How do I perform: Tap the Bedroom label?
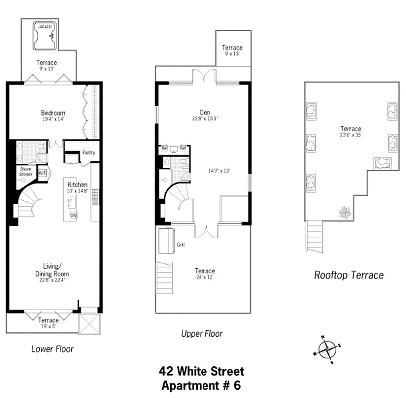53,113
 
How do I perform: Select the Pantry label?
88,153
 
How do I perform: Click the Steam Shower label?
25,172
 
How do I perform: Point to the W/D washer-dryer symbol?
42,174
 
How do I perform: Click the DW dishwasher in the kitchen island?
73,215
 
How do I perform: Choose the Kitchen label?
78,184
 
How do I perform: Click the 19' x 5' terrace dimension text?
48,327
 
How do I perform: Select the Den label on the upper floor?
205,112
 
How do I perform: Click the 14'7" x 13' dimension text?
219,171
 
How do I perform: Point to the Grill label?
180,245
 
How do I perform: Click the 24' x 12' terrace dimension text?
204,278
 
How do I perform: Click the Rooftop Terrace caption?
349,275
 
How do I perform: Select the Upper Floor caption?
202,334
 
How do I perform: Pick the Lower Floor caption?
52,349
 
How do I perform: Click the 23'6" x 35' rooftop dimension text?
351,136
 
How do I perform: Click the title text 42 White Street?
202,371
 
